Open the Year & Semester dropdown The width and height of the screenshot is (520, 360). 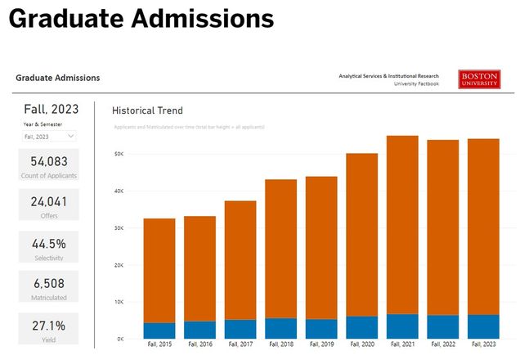pyautogui.click(x=49, y=136)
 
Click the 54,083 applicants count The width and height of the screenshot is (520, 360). pyautogui.click(x=49, y=161)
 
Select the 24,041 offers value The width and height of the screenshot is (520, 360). pyautogui.click(x=49, y=201)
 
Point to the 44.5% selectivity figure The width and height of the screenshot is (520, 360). pyautogui.click(x=49, y=243)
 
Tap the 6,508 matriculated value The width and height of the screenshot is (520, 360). pyautogui.click(x=49, y=283)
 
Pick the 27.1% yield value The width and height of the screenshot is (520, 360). pyautogui.click(x=49, y=325)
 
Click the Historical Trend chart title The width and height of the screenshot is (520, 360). pyautogui.click(x=147, y=110)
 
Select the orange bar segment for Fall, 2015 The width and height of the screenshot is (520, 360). pyautogui.click(x=159, y=270)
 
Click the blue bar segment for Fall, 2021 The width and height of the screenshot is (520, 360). pyautogui.click(x=402, y=326)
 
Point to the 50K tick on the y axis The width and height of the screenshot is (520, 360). pyautogui.click(x=119, y=154)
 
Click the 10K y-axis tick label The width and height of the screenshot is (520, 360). pyautogui.click(x=119, y=302)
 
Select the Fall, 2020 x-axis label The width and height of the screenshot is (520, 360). pyautogui.click(x=361, y=344)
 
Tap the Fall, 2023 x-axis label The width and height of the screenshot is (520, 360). pyautogui.click(x=483, y=344)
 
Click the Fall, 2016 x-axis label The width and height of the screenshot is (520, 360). pyautogui.click(x=199, y=344)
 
